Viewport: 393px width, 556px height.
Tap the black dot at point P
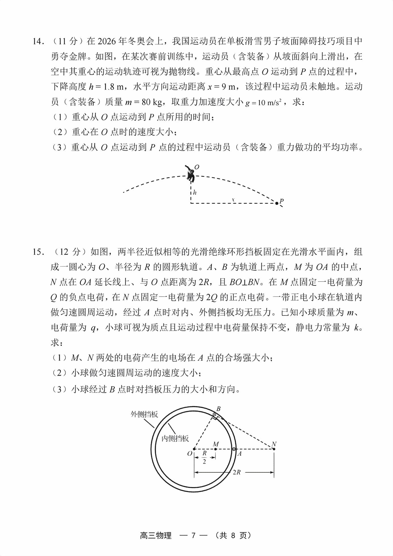click(277, 203)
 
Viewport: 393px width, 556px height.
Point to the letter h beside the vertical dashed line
click(195, 193)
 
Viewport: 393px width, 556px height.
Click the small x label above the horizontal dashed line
click(233, 200)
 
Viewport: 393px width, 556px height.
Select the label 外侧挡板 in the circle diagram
click(144, 414)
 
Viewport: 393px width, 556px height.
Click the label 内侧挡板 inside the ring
click(175, 438)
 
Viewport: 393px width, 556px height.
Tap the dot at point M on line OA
click(216, 449)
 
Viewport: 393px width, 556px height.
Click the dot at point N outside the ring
click(274, 449)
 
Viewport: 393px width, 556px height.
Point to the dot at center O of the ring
click(194, 449)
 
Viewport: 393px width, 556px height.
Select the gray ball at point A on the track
click(234, 449)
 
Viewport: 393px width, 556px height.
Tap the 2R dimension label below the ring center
click(237, 473)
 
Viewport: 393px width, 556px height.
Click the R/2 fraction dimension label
click(204, 458)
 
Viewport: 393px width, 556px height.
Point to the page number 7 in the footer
click(194, 535)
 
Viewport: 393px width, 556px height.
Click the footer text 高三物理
click(156, 535)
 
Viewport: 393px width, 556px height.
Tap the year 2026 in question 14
click(107, 41)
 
